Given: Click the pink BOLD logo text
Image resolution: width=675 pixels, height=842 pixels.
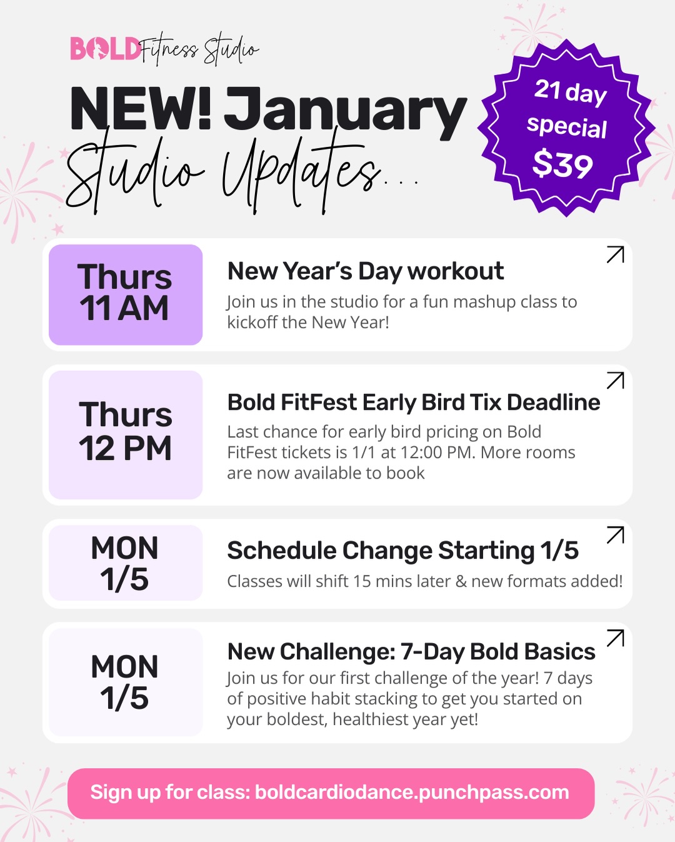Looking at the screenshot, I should click(x=105, y=49).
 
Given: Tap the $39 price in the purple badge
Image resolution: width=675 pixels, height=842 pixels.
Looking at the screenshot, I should click(x=562, y=165).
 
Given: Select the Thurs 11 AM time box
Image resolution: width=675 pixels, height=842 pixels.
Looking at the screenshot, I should click(x=126, y=294).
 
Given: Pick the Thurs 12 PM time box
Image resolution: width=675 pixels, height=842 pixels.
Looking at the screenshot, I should click(x=126, y=434).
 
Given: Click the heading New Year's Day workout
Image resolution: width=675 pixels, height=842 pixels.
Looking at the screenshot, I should click(x=365, y=271).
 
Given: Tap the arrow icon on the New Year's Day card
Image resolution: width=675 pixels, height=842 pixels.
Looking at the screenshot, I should click(x=615, y=255).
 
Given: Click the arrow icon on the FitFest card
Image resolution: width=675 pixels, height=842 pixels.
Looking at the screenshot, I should click(x=615, y=380).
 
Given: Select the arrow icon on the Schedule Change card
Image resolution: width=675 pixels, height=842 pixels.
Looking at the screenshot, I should click(x=615, y=535).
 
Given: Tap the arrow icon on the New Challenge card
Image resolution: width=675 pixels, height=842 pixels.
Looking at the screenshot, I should click(x=615, y=638).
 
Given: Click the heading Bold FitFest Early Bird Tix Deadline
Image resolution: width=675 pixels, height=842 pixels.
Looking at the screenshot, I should click(x=413, y=402).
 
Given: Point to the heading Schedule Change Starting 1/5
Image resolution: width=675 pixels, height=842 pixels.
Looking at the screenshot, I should click(x=402, y=550).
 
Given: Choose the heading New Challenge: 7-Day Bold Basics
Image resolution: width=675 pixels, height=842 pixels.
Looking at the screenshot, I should click(x=411, y=652).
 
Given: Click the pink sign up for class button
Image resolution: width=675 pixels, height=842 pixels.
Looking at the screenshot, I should click(x=331, y=793).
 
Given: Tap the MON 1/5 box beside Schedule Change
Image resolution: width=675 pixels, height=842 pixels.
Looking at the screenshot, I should click(x=126, y=563).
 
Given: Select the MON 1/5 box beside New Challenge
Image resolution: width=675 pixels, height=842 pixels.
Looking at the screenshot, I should click(x=126, y=682).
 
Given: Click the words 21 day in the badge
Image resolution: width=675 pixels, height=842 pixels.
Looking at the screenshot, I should click(x=570, y=92).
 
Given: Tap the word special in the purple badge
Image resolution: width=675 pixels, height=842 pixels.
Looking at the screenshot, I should click(x=566, y=127).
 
